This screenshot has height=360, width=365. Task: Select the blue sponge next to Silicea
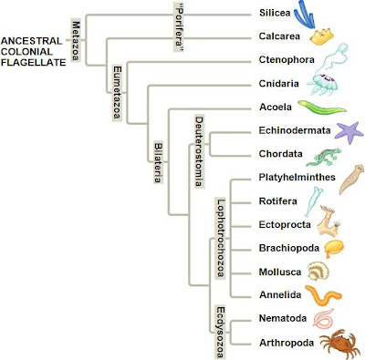point(313,15)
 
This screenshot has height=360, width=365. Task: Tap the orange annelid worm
point(325,295)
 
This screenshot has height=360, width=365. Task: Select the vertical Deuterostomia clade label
point(198,150)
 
